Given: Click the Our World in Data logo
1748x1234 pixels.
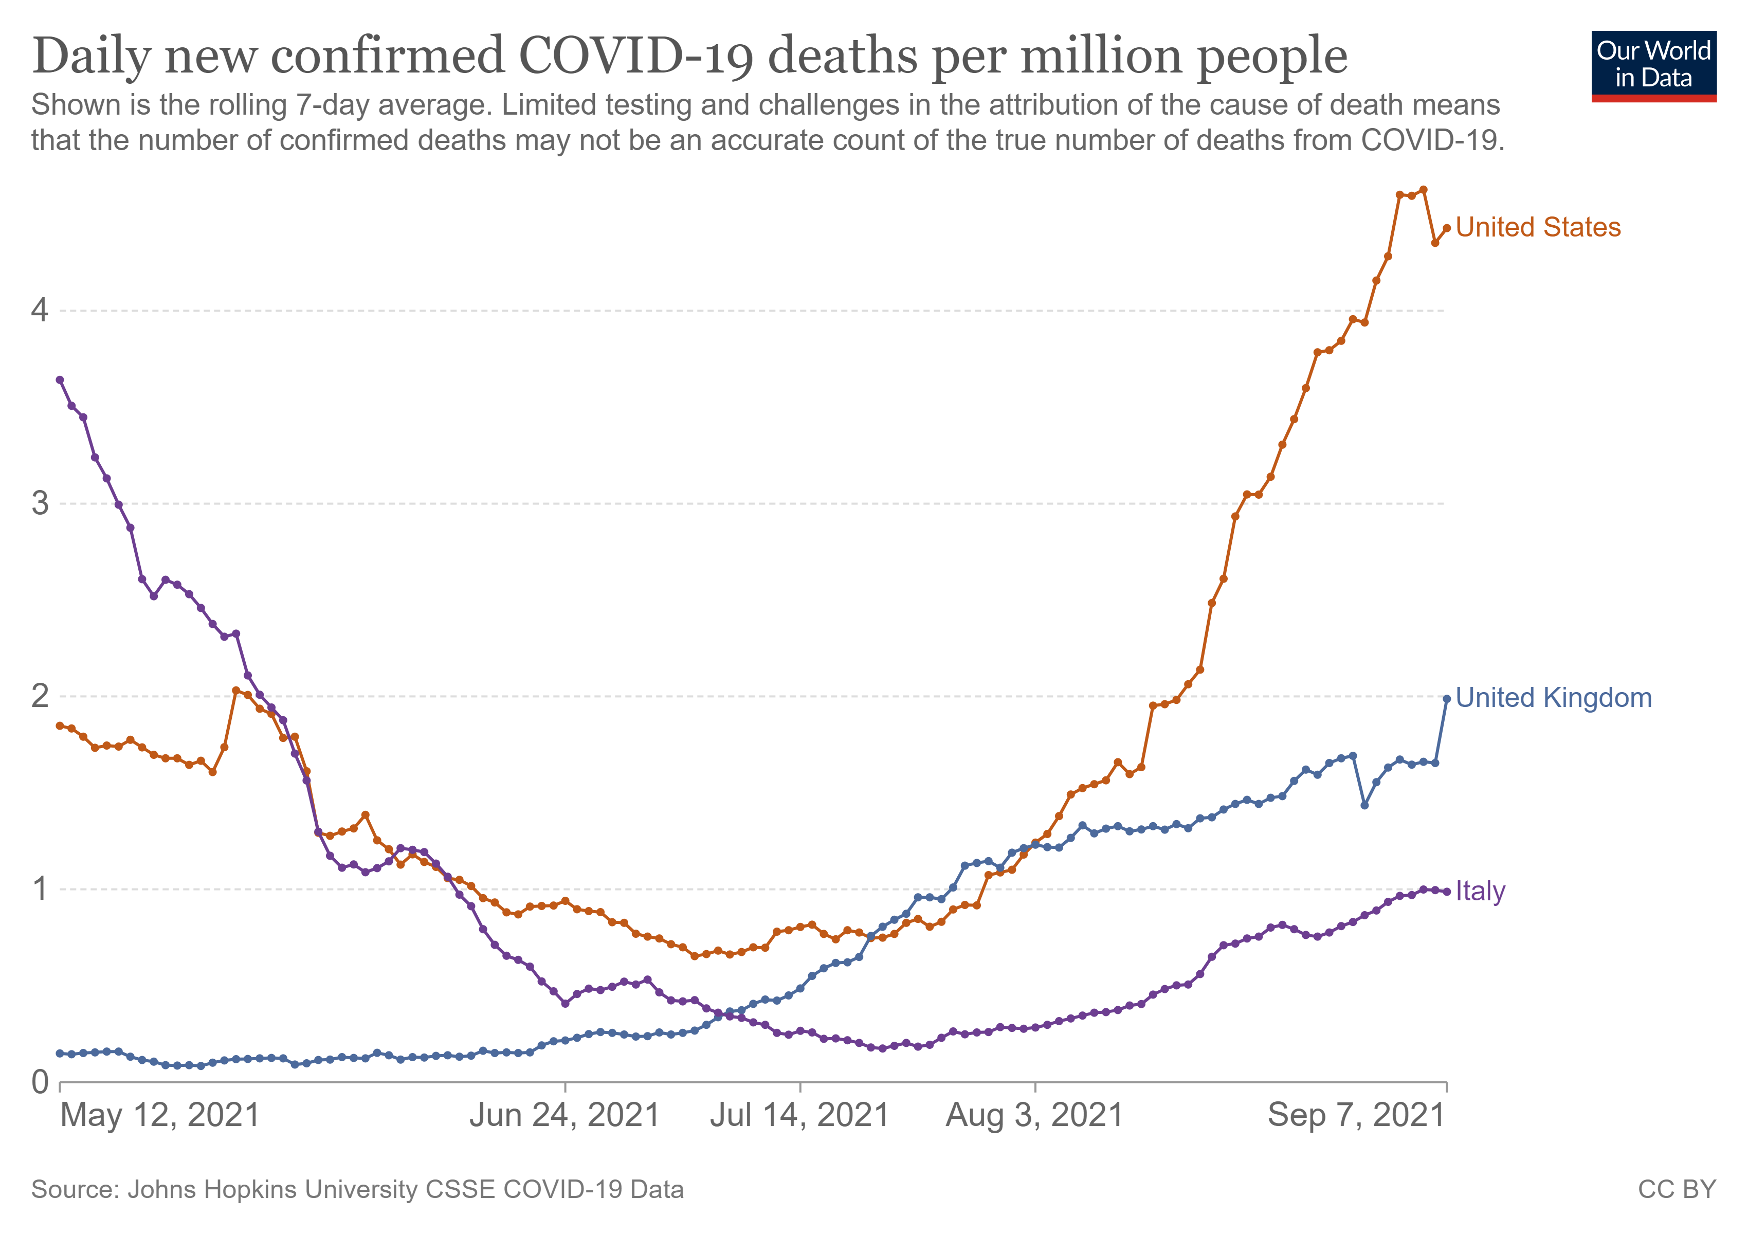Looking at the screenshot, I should (1653, 65).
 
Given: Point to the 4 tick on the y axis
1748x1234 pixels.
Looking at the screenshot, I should (40, 310).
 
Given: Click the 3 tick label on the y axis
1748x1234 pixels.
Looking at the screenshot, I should (40, 503).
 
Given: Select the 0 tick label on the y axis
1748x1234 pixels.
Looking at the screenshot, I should (40, 1082).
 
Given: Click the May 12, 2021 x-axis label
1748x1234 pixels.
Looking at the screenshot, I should (160, 1115).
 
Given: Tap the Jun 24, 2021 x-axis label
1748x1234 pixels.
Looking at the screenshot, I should (564, 1115).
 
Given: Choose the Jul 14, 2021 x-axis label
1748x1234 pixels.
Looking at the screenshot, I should (799, 1115).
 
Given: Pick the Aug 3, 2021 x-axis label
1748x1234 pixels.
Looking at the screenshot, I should (1034, 1115).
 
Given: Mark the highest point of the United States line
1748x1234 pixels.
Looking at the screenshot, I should (1423, 190).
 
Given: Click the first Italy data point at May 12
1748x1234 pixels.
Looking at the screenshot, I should (60, 380).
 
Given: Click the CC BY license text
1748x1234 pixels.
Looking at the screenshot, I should (1677, 1189).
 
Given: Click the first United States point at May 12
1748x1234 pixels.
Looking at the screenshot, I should (60, 725).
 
